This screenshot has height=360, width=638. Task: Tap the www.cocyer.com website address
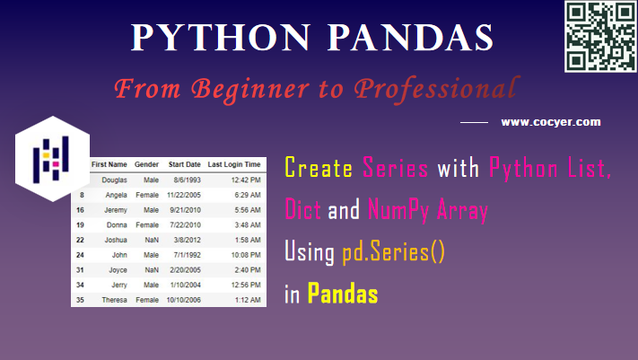point(550,122)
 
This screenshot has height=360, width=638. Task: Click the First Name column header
point(109,165)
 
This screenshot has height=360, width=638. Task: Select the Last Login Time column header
point(234,165)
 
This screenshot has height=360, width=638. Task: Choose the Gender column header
point(146,165)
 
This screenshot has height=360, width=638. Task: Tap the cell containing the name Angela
point(116,195)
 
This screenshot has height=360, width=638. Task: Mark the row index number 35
point(80,299)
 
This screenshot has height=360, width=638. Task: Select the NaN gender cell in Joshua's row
point(150,240)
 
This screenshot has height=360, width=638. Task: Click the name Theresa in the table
point(114,299)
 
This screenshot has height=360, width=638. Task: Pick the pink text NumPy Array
point(428,210)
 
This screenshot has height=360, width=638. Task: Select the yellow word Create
point(319,168)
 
